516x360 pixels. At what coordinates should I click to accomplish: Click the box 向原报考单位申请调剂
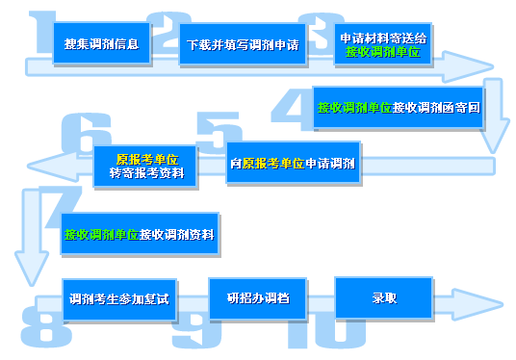pos(294,163)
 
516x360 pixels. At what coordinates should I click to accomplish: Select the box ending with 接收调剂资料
pos(139,234)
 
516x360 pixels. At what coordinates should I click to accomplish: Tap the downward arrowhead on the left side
pos(28,260)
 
